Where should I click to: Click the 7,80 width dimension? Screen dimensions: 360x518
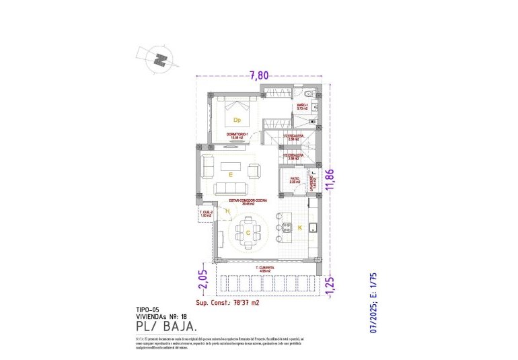(x=260, y=75)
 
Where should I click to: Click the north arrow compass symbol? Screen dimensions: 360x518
(x=160, y=59)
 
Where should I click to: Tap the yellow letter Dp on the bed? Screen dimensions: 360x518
(x=237, y=120)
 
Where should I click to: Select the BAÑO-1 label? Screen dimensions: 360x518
(x=303, y=106)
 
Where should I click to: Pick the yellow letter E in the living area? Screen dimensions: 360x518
(x=230, y=174)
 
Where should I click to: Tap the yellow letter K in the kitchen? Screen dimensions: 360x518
(x=300, y=227)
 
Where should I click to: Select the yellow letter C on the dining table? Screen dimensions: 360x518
(x=248, y=233)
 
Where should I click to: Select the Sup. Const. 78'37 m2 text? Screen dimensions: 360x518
(x=227, y=303)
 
